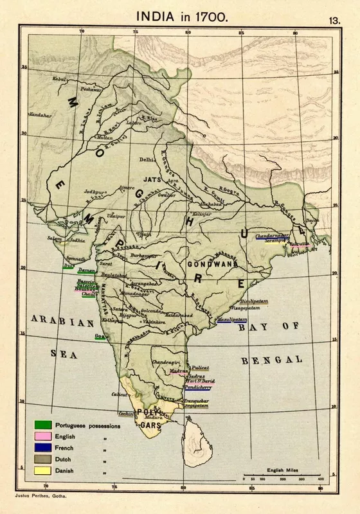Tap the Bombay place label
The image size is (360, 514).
[85, 290]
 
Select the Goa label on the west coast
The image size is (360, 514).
[100, 336]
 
